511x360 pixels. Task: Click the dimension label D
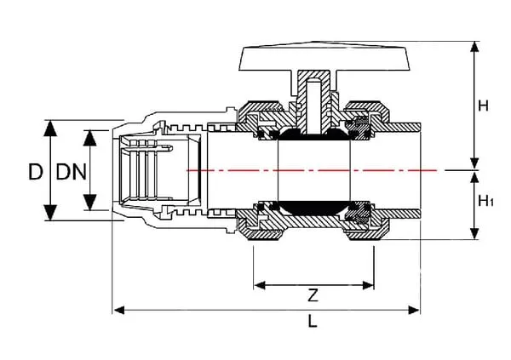(34, 171)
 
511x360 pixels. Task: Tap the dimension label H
(484, 106)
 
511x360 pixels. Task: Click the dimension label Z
(313, 296)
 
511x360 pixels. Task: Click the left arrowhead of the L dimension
(118, 308)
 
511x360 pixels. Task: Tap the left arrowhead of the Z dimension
(257, 284)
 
